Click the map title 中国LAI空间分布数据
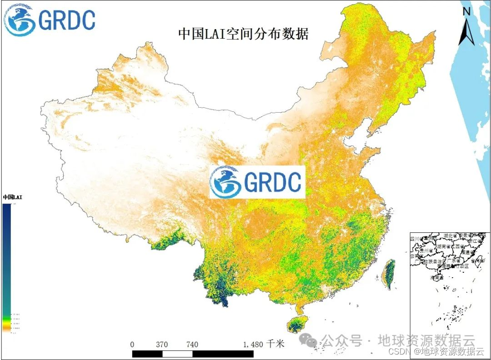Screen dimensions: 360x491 point(243,34)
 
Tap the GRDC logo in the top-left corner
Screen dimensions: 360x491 point(50,20)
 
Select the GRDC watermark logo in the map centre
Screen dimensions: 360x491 point(257,182)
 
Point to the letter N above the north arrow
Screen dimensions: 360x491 point(466,12)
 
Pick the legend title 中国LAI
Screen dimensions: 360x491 point(12,197)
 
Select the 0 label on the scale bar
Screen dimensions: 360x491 point(132,344)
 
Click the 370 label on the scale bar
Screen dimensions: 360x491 point(162,344)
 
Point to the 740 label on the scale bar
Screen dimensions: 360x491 point(192,344)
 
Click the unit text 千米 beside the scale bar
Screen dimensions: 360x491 point(276,344)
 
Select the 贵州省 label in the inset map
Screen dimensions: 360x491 point(426,251)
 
